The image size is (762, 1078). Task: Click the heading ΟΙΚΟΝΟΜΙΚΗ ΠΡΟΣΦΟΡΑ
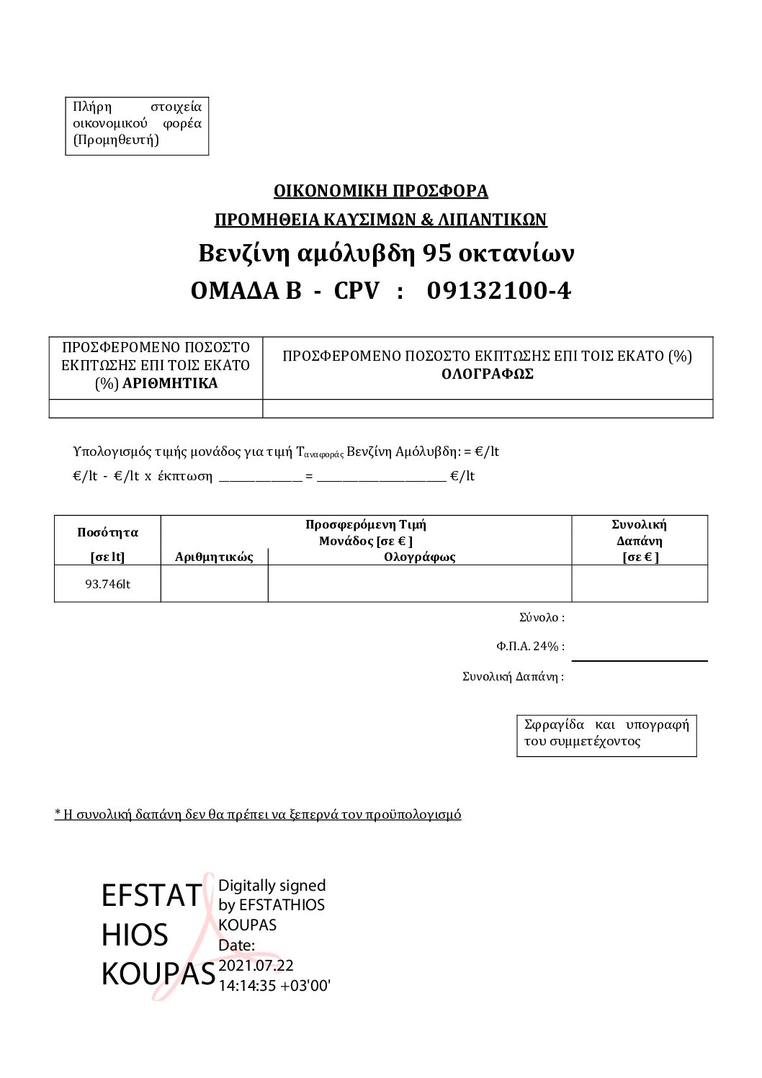click(380, 191)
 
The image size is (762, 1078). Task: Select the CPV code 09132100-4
click(498, 291)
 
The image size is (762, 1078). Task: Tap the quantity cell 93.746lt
click(107, 584)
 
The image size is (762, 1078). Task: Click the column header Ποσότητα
click(107, 533)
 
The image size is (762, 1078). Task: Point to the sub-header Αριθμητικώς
click(214, 557)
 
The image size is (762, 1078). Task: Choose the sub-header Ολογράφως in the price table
click(419, 557)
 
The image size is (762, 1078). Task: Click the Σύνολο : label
click(542, 617)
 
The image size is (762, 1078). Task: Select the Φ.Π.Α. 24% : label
click(530, 646)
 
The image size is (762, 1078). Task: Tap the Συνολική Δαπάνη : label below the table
click(513, 676)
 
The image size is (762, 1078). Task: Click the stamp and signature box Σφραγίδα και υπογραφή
click(606, 733)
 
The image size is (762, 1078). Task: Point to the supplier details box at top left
click(137, 123)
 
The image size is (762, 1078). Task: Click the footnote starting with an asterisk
click(258, 814)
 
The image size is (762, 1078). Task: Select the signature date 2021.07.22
click(256, 966)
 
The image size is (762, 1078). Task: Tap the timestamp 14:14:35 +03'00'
click(274, 986)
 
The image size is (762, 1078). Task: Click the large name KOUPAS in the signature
click(158, 974)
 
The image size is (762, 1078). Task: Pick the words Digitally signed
click(272, 885)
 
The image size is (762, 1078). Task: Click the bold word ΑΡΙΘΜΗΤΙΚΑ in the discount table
click(170, 383)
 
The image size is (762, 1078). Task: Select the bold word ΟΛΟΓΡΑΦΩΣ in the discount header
click(487, 374)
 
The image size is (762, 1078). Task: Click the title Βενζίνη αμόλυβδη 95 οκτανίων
click(386, 253)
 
